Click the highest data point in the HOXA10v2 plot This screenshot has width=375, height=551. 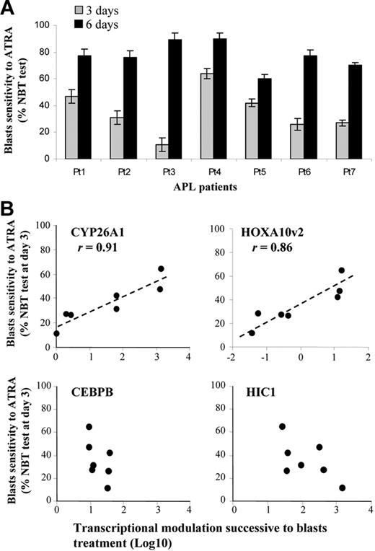click(x=341, y=270)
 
